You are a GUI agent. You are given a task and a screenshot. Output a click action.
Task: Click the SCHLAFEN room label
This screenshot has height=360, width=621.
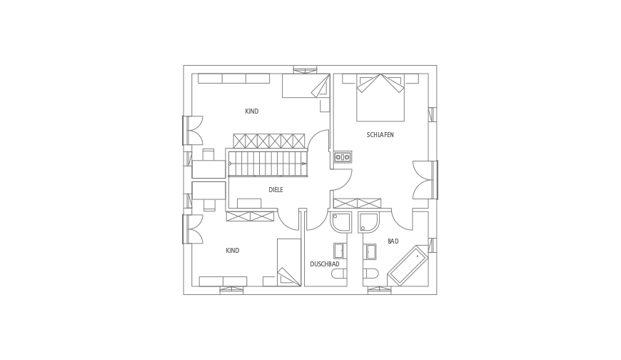point(380,134)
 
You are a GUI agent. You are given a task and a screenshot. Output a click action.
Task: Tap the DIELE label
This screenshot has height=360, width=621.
point(276,189)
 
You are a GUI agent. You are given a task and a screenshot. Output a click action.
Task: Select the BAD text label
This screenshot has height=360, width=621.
point(393,241)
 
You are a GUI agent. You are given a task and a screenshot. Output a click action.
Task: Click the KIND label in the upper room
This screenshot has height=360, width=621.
point(251,111)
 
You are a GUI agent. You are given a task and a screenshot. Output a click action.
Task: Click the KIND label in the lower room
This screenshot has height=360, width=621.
point(232,251)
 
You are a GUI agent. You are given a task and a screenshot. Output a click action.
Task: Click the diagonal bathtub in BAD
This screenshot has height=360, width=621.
point(408,265)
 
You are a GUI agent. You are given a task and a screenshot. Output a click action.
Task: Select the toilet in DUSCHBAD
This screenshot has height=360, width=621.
point(338,273)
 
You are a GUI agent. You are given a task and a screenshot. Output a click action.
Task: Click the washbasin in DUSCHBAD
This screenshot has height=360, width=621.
point(339,251)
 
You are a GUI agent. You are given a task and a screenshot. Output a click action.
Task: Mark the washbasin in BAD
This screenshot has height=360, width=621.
point(370,251)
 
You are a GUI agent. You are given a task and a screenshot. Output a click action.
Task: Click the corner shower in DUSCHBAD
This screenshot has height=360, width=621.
point(341,222)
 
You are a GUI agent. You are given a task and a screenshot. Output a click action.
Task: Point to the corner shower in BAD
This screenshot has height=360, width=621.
point(370,222)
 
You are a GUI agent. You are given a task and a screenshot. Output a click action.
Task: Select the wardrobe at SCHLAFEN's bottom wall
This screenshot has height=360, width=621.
point(357,203)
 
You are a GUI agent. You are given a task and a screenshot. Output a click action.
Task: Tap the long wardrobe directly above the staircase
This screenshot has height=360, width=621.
point(269,141)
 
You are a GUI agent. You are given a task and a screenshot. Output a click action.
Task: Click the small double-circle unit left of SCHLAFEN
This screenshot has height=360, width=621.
point(342,156)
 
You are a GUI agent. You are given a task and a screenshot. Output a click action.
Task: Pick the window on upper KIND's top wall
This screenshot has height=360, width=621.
point(305,69)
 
